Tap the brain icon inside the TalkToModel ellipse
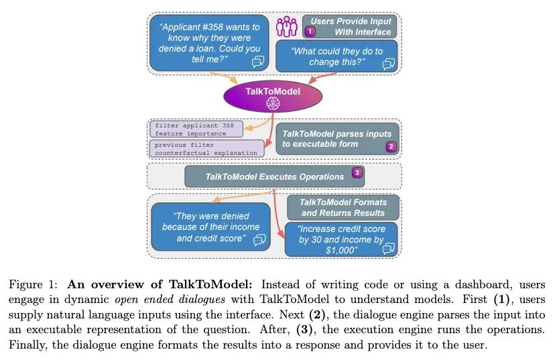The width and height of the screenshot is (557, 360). point(271,103)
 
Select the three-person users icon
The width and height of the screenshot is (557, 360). point(287,27)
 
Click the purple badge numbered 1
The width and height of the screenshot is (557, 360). point(310,32)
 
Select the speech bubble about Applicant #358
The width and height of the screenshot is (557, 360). point(209,43)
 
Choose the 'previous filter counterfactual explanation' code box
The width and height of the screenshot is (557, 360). point(205,148)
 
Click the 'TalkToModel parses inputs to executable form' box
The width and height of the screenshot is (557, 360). point(338,139)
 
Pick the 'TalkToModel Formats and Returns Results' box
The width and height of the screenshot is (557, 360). point(343,207)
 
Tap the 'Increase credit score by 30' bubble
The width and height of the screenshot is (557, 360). point(341,239)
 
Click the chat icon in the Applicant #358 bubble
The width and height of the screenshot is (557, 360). point(257,62)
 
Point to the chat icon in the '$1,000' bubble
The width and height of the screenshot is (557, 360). point(387,249)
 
